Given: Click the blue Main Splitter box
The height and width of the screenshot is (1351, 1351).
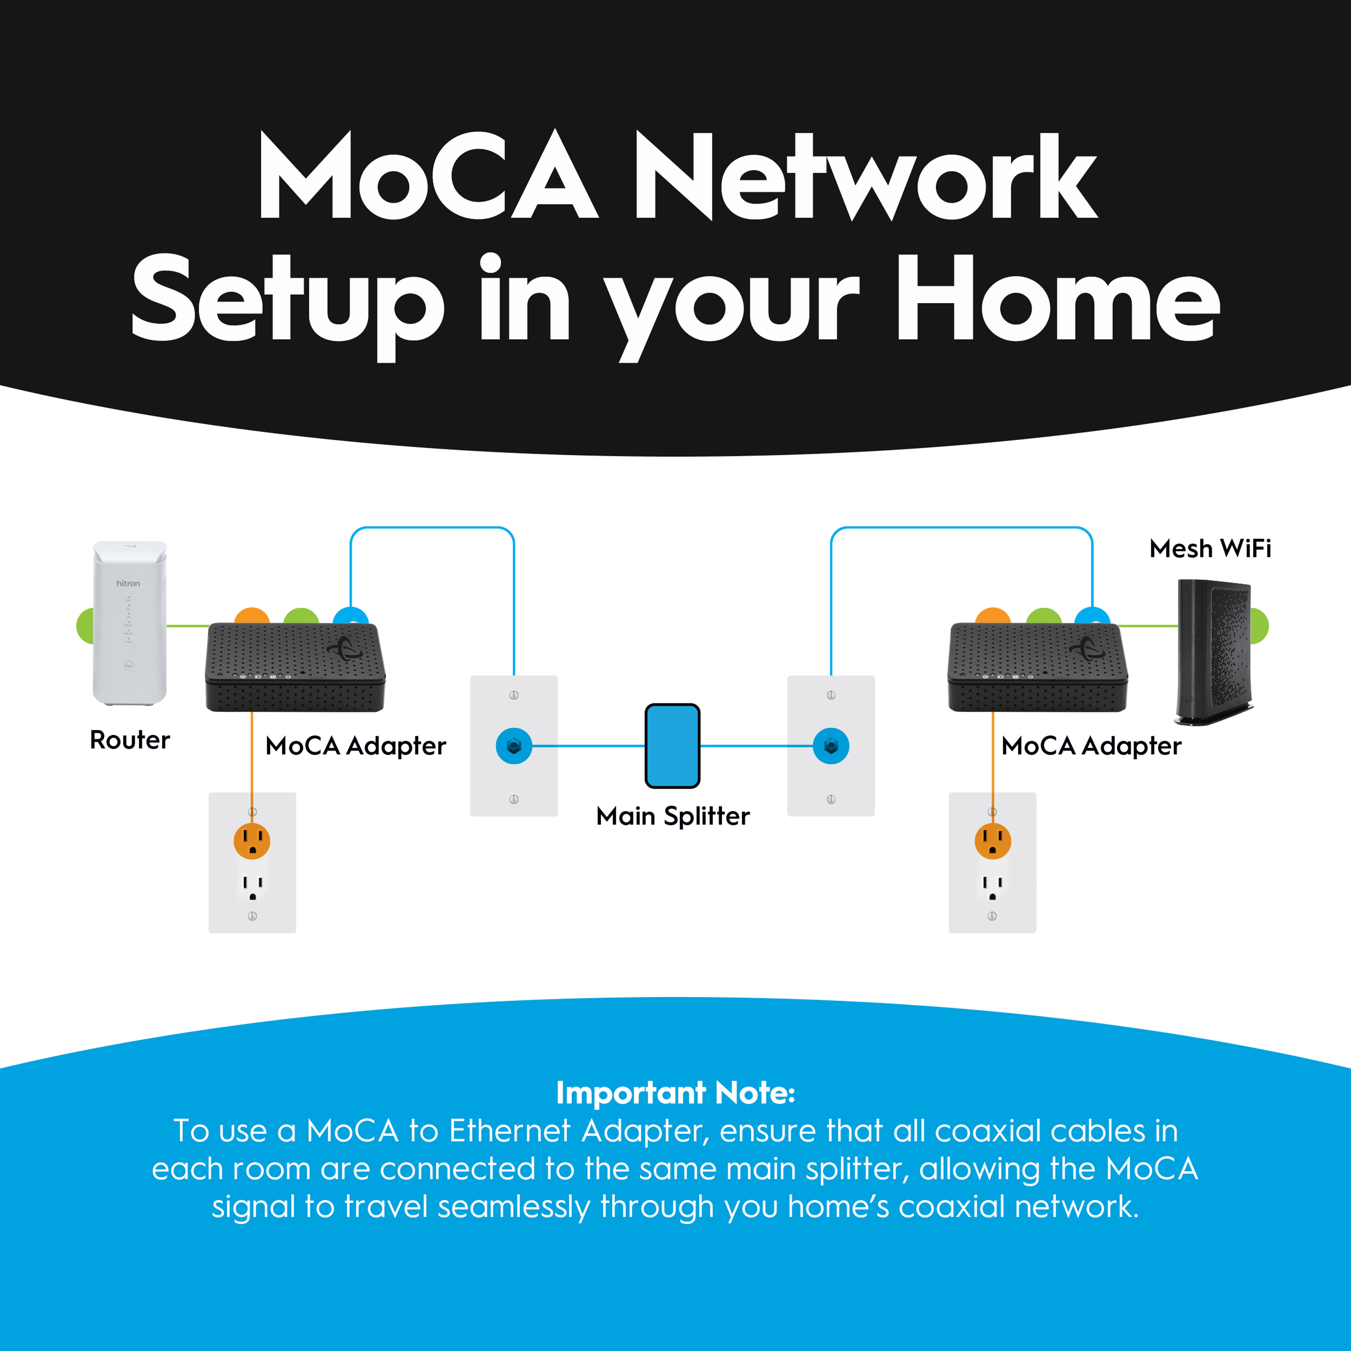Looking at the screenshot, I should click(672, 745).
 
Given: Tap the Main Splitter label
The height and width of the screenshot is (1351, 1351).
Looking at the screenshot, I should click(673, 816).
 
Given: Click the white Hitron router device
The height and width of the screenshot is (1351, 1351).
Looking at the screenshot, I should click(130, 622).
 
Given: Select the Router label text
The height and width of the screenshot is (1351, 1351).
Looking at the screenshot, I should click(130, 740).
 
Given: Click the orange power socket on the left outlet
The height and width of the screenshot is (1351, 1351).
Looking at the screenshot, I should click(252, 841).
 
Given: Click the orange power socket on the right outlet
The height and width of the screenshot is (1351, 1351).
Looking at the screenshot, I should click(992, 841).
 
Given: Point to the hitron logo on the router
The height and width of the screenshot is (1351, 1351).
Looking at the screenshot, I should click(128, 583).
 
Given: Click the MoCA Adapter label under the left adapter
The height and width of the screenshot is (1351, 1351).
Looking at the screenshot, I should click(355, 746).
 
